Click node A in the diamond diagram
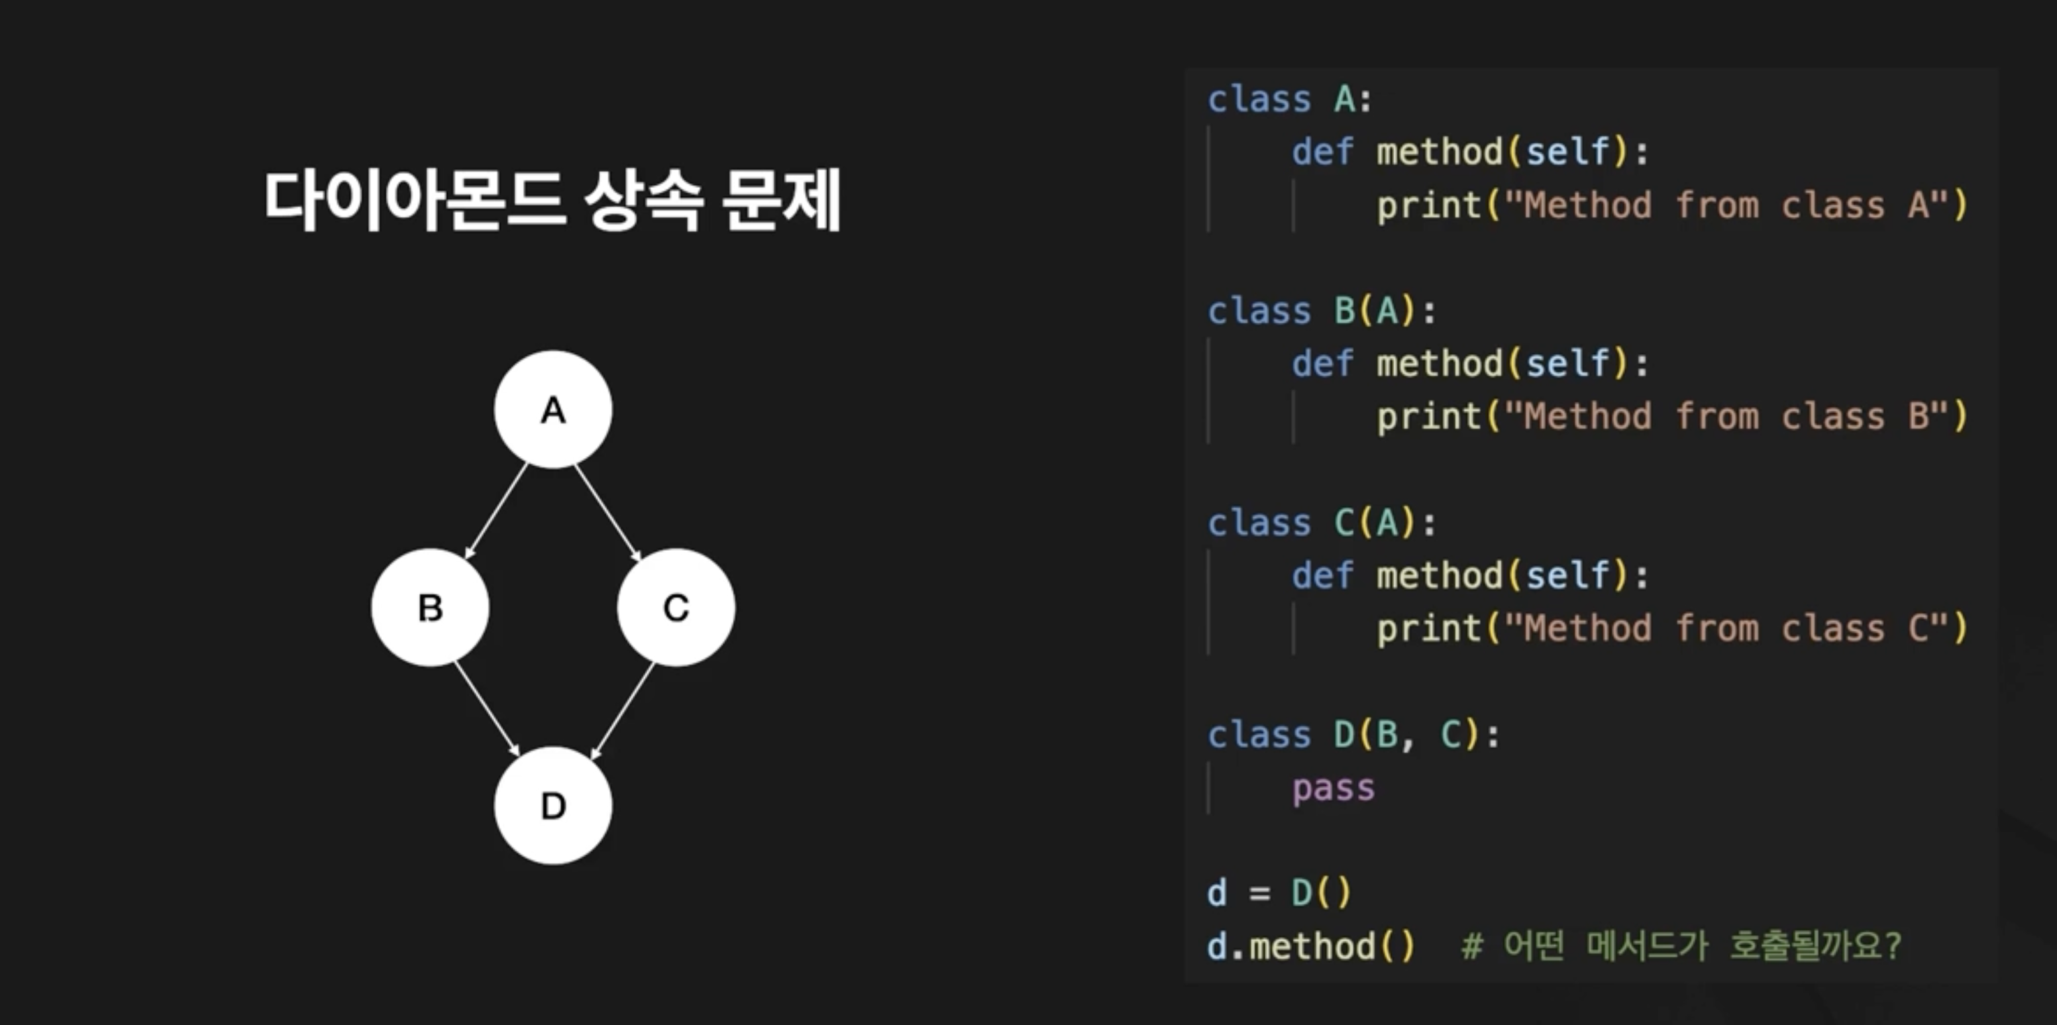point(553,409)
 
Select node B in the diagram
point(431,608)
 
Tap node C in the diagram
point(676,608)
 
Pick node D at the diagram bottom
point(553,806)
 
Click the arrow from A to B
point(496,511)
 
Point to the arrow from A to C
point(609,512)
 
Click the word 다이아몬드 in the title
point(415,200)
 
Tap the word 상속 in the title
point(643,200)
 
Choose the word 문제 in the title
point(780,200)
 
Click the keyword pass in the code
point(1332,788)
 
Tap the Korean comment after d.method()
point(1681,946)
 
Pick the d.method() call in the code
point(1310,946)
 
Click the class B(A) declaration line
point(1322,311)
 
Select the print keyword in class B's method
point(1428,417)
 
